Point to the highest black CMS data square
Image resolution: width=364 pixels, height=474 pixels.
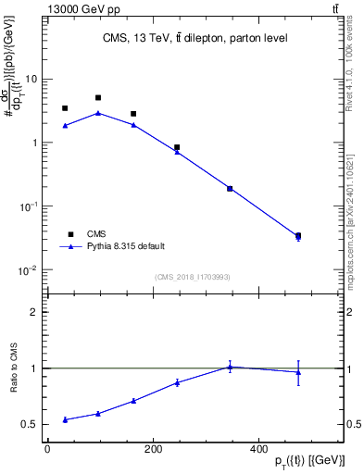point(98,97)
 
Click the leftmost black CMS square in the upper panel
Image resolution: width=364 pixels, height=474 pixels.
point(65,108)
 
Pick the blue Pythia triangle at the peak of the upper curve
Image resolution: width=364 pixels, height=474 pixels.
point(98,113)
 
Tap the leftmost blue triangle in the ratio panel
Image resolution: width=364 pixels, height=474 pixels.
point(65,419)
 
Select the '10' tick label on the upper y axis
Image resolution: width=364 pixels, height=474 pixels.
point(34,79)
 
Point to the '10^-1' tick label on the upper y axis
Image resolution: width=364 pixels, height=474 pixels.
point(32,206)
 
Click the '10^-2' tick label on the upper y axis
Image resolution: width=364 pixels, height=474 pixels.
point(32,270)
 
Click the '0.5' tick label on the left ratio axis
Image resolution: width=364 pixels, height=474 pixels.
point(32,425)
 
